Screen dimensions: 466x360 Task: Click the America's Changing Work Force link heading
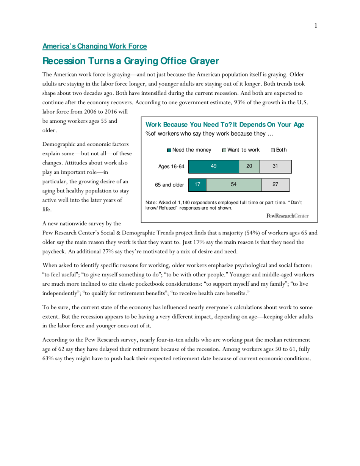coord(94,46)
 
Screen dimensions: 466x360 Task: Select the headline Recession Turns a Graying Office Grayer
coord(131,61)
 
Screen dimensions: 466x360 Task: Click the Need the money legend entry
coord(189,150)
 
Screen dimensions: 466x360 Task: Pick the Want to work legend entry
coord(241,150)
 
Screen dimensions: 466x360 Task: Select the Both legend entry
coord(279,150)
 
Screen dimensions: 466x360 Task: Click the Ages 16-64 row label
coord(171,166)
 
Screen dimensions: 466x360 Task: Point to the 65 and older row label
coord(169,185)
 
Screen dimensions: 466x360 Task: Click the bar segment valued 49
coord(214,166)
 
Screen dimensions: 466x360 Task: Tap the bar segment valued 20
coord(249,166)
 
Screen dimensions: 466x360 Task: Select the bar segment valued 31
coord(275,166)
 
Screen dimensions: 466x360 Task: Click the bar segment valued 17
coord(197,185)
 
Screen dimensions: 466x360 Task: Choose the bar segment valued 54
coord(234,185)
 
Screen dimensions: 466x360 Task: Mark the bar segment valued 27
coord(275,185)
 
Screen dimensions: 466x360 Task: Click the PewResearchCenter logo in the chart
coord(288,216)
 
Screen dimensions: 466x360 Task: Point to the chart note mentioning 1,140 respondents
coord(224,205)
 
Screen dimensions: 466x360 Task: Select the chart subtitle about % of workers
coord(209,134)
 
